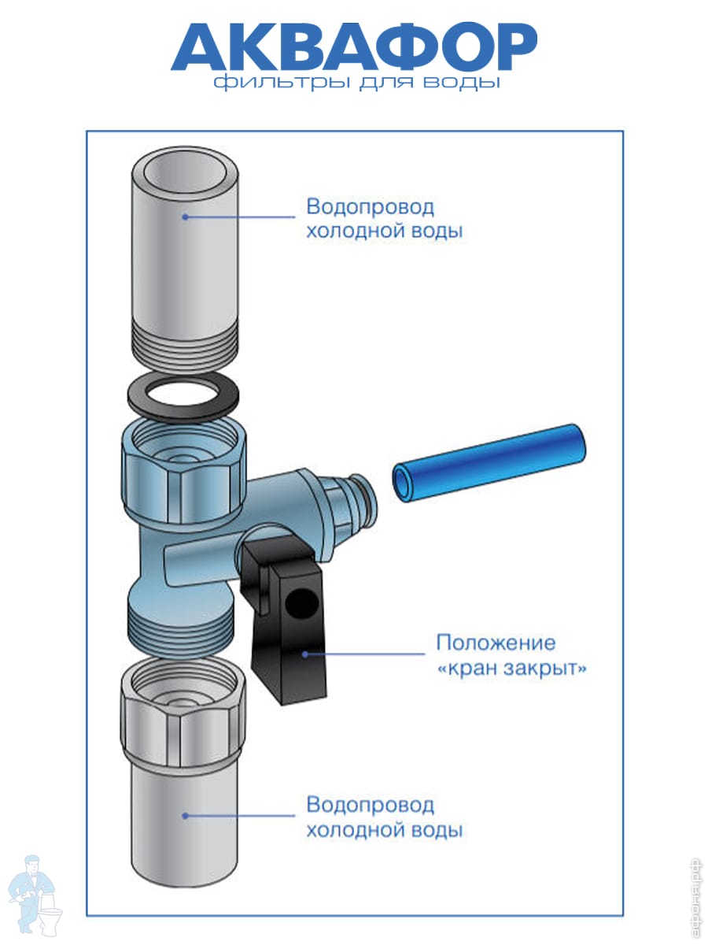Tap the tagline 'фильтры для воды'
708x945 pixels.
tap(357, 82)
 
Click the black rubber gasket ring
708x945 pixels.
tap(183, 397)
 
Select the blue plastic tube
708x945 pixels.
tap(489, 464)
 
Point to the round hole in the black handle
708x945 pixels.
tap(301, 602)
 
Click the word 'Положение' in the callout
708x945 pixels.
tap(496, 643)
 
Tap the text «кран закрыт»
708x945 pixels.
tap(511, 668)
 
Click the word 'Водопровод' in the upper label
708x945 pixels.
tap(370, 207)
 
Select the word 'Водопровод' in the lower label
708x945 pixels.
tap(370, 805)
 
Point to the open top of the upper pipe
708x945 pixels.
tap(186, 172)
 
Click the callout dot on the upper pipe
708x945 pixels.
tap(186, 217)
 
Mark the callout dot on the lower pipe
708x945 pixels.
tap(186, 815)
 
